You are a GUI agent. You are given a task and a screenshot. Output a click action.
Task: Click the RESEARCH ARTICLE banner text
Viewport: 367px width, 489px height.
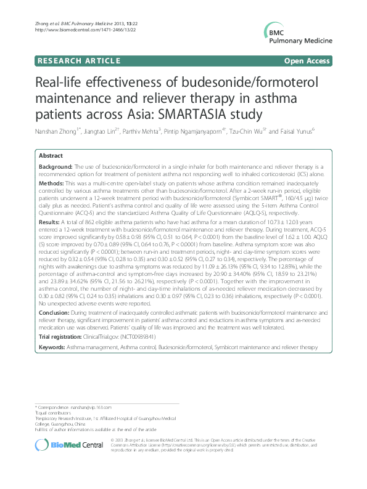pyautogui.click(x=76, y=62)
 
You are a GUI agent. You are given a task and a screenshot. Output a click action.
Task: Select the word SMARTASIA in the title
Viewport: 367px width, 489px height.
pyautogui.click(x=191, y=115)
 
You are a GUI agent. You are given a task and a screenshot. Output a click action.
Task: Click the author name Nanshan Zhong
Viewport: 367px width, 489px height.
pyautogui.click(x=58, y=131)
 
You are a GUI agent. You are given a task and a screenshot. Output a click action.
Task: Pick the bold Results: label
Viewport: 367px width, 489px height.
pyautogui.click(x=50, y=219)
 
